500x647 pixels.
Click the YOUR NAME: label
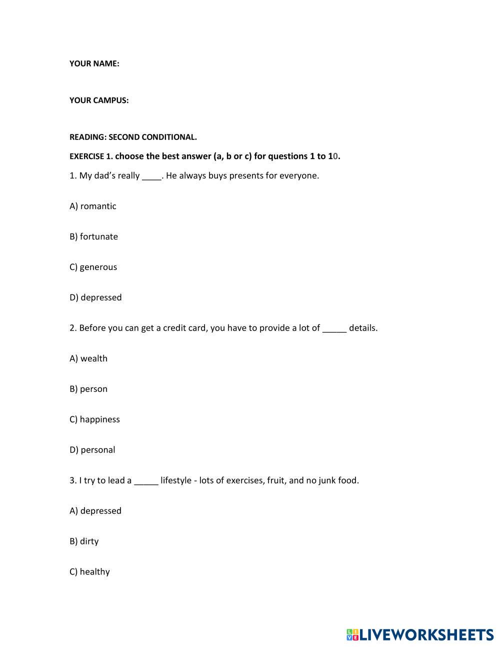94,63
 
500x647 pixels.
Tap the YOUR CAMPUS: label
99,100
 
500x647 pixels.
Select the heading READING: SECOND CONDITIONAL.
133,137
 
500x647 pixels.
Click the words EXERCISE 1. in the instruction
91,156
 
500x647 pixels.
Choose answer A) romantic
93,206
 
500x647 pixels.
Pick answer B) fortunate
93,236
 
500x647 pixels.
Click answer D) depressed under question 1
95,297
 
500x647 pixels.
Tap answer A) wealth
88,358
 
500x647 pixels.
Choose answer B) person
88,389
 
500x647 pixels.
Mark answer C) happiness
94,419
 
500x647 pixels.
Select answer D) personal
92,450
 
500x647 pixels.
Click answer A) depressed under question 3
95,511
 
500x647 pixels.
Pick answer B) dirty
84,541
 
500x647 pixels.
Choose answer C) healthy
89,572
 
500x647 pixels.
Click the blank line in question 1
152,177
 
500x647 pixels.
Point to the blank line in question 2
334,330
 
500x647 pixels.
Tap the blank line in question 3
146,482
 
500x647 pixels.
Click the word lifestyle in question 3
175,480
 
